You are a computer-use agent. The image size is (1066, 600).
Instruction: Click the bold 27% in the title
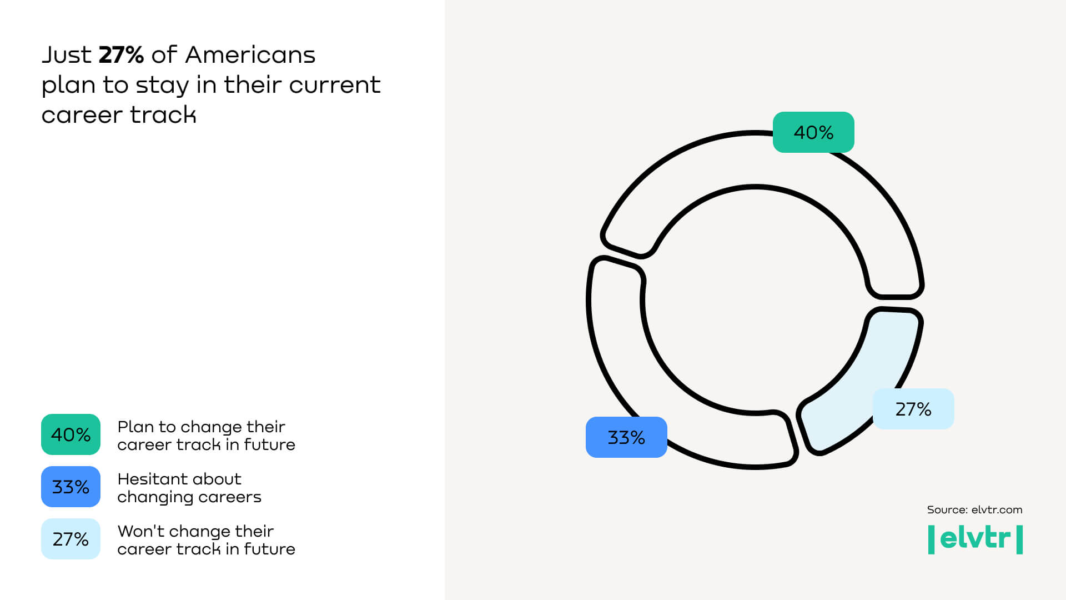click(121, 55)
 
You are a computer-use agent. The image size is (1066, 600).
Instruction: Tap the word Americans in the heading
click(250, 55)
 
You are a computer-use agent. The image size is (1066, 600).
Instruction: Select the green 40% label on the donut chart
click(813, 132)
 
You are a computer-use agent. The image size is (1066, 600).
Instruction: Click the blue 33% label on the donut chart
click(626, 437)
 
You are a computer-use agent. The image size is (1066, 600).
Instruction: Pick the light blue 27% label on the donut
click(913, 409)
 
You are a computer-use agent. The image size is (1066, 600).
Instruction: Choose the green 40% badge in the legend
click(71, 434)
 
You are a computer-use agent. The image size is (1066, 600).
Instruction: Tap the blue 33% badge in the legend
click(71, 487)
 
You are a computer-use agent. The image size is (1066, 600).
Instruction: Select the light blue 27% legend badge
click(71, 539)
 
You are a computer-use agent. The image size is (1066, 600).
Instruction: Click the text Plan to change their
click(201, 427)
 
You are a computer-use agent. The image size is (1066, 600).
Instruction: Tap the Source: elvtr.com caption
click(974, 510)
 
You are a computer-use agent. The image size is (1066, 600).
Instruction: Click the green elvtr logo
click(976, 539)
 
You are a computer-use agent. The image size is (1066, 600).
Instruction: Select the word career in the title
click(82, 116)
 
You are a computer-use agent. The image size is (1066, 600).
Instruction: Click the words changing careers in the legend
click(189, 497)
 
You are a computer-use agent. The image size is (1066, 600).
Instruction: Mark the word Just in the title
click(67, 55)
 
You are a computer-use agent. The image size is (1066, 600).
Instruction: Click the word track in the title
click(163, 115)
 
